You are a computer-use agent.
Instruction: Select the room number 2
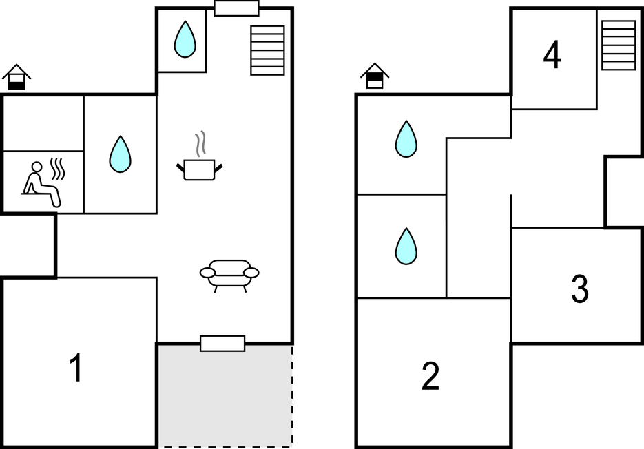(x=430, y=376)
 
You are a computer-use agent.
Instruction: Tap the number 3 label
(x=580, y=289)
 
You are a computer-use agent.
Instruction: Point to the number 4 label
(x=552, y=56)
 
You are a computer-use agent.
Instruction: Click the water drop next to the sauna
(x=120, y=154)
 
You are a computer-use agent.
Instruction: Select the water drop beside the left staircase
(x=185, y=39)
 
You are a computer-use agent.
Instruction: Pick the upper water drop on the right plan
(x=406, y=139)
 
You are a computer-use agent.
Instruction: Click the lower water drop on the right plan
(x=406, y=246)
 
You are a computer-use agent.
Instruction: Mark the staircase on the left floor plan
(x=267, y=50)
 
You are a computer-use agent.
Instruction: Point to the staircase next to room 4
(x=618, y=45)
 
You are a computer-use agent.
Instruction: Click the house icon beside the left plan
(x=17, y=77)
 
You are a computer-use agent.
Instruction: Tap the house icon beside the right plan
(x=375, y=76)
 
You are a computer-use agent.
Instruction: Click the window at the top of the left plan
(x=236, y=9)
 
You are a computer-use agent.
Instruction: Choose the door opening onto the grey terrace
(x=222, y=343)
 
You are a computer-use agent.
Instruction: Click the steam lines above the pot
(x=200, y=143)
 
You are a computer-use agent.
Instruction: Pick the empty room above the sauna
(x=43, y=123)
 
